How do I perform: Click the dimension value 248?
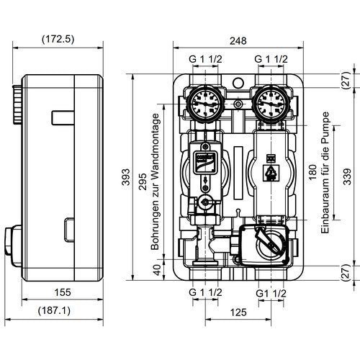click(x=238, y=41)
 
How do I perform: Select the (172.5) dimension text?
click(x=58, y=39)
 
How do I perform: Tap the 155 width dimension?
click(x=63, y=292)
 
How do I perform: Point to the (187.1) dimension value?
click(x=55, y=311)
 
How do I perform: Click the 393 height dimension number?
click(x=126, y=177)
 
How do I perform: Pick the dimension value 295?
click(x=143, y=181)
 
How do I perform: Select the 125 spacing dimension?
click(x=238, y=312)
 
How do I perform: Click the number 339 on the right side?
click(x=347, y=176)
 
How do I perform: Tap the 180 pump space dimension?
click(x=312, y=172)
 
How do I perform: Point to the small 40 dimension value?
click(x=157, y=270)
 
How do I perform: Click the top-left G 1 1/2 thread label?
click(x=205, y=59)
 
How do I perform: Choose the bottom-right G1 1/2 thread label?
click(x=271, y=293)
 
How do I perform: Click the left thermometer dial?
click(x=205, y=104)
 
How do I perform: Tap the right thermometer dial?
click(x=271, y=104)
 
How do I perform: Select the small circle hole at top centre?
click(x=238, y=83)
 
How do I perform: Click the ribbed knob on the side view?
click(x=17, y=104)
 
